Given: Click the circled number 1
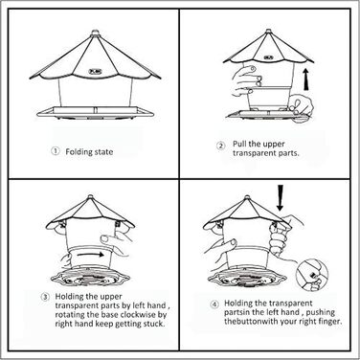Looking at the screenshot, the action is (x=56, y=151).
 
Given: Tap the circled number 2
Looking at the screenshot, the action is (x=221, y=146).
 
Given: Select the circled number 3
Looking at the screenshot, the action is (x=46, y=297).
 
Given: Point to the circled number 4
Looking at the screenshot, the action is (x=214, y=304).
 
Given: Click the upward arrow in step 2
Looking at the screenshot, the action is (x=306, y=79).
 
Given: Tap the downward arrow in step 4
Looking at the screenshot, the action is (x=281, y=197).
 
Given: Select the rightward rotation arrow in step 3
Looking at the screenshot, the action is (x=91, y=255).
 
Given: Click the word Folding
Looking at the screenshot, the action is (x=79, y=152).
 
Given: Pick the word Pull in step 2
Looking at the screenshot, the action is (x=239, y=144).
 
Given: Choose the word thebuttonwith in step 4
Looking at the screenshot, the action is (x=251, y=321).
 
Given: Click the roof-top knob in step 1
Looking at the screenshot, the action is (x=95, y=33).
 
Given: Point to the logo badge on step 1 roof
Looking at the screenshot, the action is (x=95, y=71).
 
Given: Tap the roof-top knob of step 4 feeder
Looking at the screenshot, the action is (x=246, y=198).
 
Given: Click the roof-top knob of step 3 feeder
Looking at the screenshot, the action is (x=90, y=197).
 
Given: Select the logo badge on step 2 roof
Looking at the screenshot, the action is (x=268, y=57).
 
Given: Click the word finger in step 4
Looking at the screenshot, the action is (x=329, y=322).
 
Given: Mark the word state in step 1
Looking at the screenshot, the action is (x=103, y=152).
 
